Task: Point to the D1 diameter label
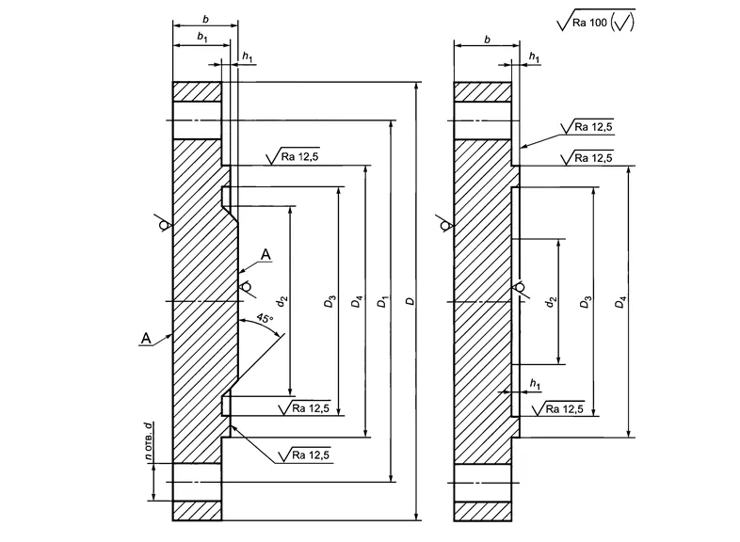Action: [382, 302]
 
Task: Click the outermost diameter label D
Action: [409, 302]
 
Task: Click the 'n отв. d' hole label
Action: [148, 442]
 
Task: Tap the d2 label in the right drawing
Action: [552, 302]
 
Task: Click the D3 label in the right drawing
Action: [586, 302]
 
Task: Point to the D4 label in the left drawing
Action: [356, 302]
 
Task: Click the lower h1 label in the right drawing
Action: [535, 383]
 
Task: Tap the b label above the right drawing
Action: [486, 40]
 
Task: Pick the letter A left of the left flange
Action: [145, 337]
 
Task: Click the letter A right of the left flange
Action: [265, 254]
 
